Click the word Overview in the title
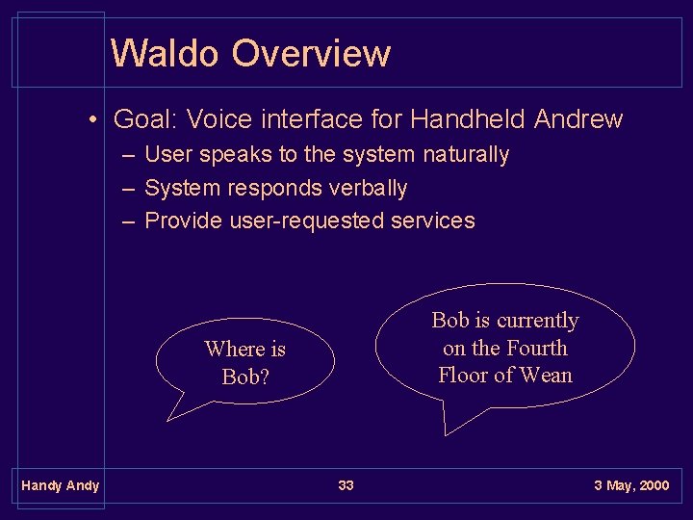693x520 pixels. point(311,53)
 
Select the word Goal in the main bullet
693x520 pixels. point(143,119)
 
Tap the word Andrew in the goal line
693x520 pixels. point(578,119)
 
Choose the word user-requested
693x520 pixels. point(307,221)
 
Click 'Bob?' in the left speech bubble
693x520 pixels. point(245,377)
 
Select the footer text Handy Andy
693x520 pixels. point(61,485)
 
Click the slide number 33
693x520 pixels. point(346,485)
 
